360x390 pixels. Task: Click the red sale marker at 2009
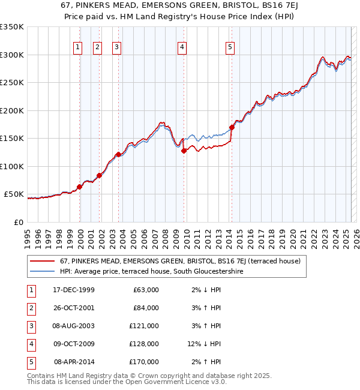point(184,151)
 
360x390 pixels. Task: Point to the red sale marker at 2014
point(232,127)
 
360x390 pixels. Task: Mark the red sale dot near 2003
point(118,155)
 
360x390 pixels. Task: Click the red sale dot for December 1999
point(80,187)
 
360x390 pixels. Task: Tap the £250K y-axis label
point(12,83)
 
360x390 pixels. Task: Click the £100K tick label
point(12,166)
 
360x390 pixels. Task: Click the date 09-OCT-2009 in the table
point(74,344)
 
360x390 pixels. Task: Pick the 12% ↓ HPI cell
point(204,344)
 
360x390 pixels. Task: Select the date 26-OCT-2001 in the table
point(74,308)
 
